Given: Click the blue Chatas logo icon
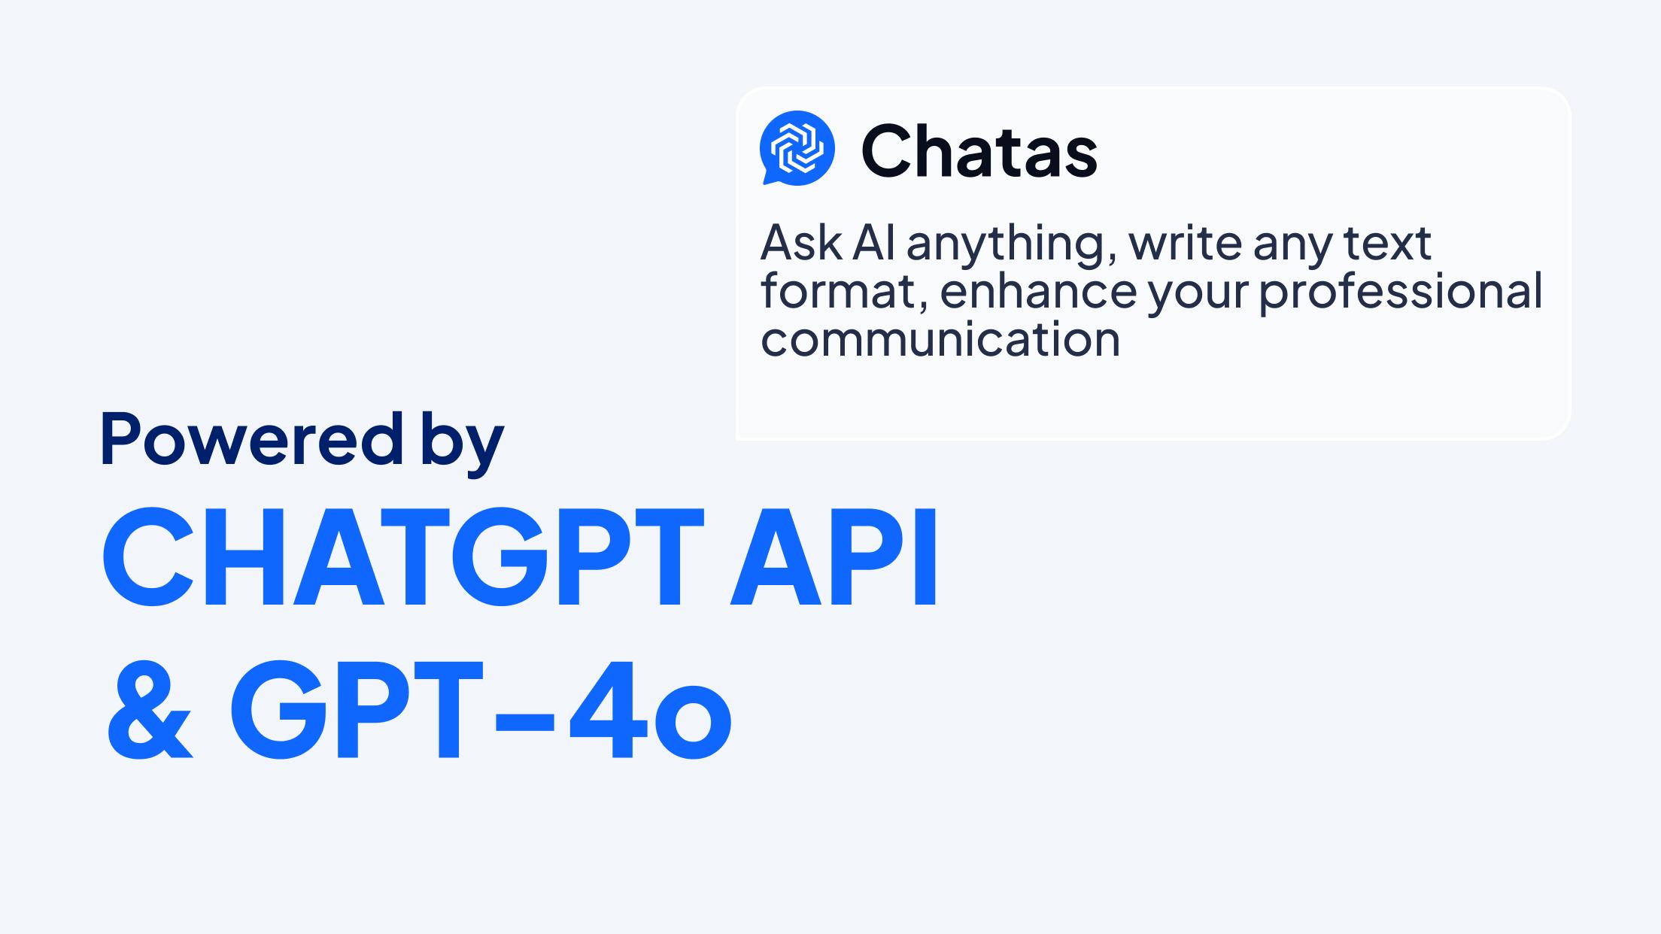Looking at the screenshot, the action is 797,148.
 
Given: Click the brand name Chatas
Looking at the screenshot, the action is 979,151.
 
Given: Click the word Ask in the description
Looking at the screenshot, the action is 801,243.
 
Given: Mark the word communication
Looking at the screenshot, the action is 940,338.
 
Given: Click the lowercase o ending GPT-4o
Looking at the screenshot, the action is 693,721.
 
